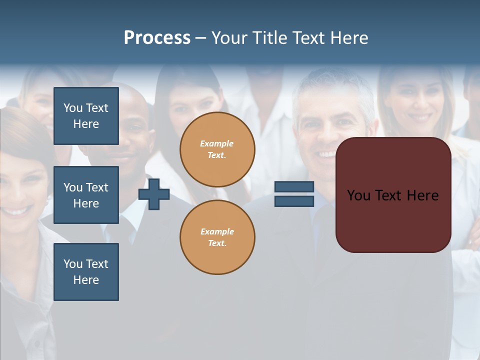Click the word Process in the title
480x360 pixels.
[x=157, y=38]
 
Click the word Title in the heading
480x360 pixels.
[x=270, y=38]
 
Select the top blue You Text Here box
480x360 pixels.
[x=86, y=116]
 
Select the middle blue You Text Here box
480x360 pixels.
[x=86, y=195]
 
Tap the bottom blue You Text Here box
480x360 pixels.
[x=86, y=272]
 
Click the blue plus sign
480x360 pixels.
[x=154, y=194]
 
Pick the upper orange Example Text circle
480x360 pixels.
[x=217, y=149]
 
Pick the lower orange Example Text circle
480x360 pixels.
[x=217, y=237]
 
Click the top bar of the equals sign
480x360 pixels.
[x=294, y=187]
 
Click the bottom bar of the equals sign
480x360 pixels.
[x=294, y=201]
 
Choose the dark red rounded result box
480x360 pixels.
[x=393, y=220]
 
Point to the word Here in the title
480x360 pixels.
[x=349, y=38]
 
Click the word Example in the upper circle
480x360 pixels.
[x=217, y=143]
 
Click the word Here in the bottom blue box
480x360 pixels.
[x=86, y=280]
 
